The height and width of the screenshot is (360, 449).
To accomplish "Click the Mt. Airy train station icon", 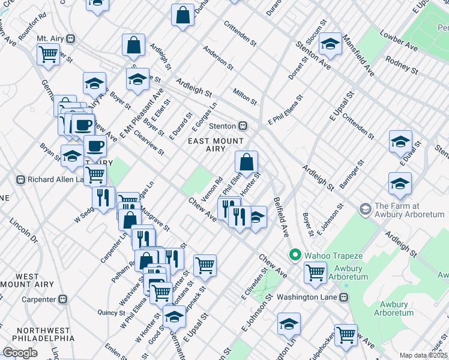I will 70,39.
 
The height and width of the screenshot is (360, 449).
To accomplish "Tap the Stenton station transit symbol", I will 243,126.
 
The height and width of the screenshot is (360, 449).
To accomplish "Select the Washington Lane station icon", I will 344,297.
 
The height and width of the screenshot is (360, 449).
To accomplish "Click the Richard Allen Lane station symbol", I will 20,179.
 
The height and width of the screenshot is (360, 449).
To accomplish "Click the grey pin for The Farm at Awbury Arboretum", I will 364,209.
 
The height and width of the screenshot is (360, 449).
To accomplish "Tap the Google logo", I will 20,353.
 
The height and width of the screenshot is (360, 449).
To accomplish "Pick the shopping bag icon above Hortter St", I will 247,162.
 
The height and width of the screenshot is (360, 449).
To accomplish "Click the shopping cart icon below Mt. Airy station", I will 48,54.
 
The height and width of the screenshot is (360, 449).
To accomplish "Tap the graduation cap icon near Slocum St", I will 330,44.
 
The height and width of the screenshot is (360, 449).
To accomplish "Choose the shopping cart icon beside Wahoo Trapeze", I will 315,272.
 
